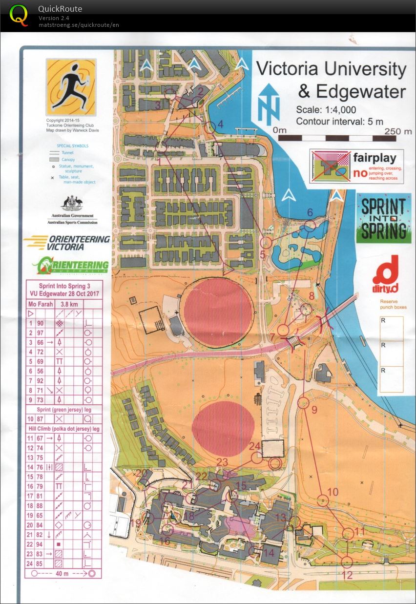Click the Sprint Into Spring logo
[383, 218]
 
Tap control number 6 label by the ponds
[309, 213]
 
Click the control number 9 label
[314, 409]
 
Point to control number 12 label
[347, 575]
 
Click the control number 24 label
[254, 446]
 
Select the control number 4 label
[220, 125]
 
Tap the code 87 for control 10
[41, 419]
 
